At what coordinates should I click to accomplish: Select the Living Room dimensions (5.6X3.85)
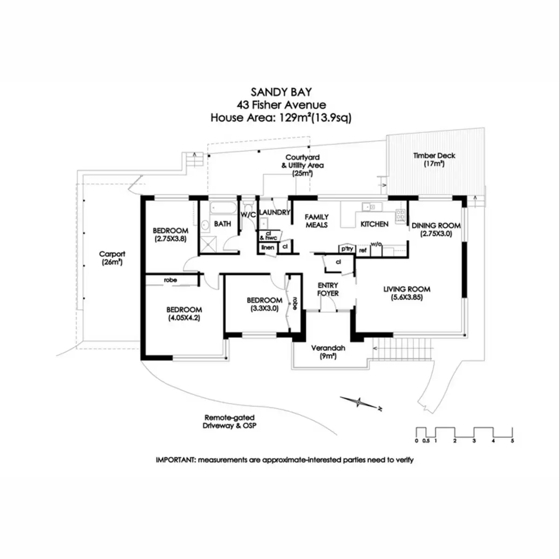(x=407, y=297)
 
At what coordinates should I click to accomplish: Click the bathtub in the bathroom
(x=223, y=208)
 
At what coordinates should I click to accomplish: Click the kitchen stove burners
(x=400, y=216)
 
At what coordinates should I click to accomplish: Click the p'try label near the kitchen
(x=347, y=249)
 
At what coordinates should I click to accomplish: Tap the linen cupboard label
(x=267, y=247)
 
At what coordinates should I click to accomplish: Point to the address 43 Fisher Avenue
(x=281, y=105)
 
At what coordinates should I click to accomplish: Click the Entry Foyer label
(x=328, y=289)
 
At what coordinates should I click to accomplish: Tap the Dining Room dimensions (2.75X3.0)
(x=436, y=233)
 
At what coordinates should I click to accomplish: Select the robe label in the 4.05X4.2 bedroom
(x=170, y=280)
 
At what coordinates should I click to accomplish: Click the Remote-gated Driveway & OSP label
(x=230, y=422)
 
